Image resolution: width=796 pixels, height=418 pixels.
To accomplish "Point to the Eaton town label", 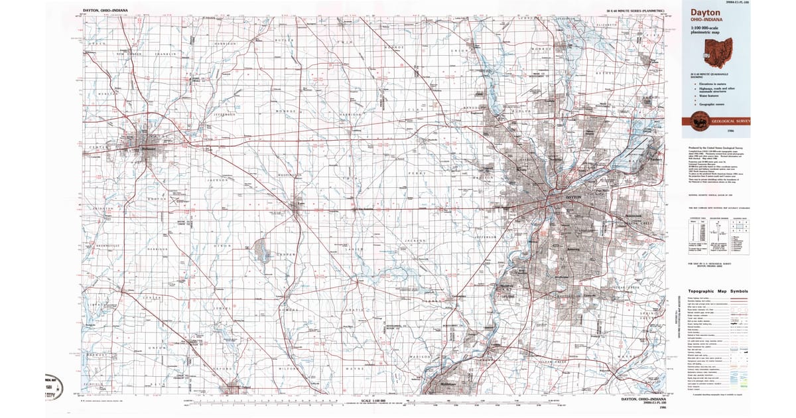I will (x=300, y=204).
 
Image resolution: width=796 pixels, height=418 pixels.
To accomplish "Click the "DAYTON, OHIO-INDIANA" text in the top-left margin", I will (x=107, y=11).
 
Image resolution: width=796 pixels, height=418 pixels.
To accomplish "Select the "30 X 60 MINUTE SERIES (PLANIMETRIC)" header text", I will (x=637, y=11).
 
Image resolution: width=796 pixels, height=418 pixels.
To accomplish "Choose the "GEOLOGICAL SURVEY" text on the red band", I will (x=730, y=121).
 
